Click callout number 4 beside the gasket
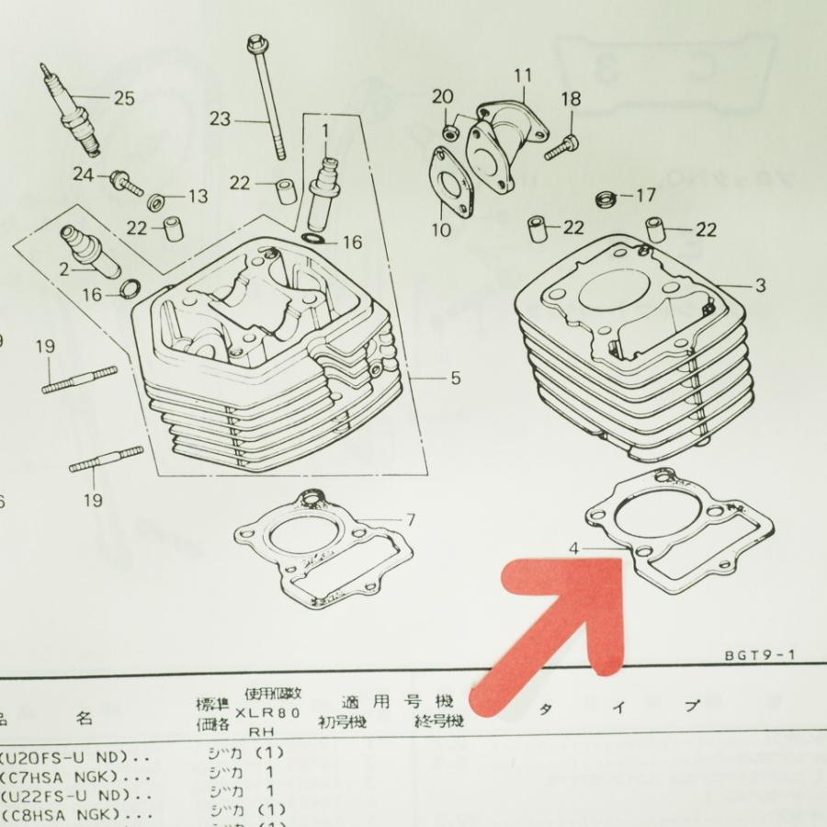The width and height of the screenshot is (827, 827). pyautogui.click(x=573, y=549)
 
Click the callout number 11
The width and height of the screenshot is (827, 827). pyautogui.click(x=523, y=74)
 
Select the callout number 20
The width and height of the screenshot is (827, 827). pyautogui.click(x=442, y=96)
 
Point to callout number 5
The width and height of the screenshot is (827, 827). pyautogui.click(x=456, y=379)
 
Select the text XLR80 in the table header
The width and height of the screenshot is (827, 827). pyautogui.click(x=266, y=712)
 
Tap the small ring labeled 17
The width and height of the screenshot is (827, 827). pyautogui.click(x=606, y=198)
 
